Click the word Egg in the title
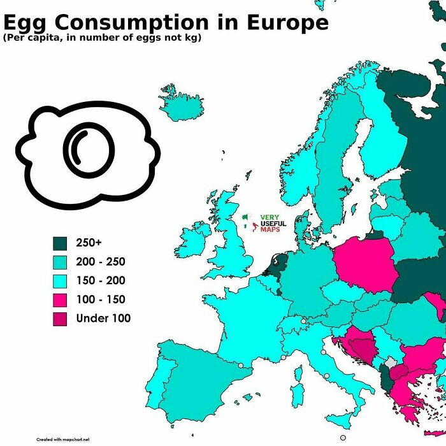25,23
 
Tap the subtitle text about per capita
102,39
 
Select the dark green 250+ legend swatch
61,243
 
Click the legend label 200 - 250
101,262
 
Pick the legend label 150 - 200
101,281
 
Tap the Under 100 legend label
103,319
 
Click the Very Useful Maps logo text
273,223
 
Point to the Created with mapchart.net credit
63,440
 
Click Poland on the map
366,264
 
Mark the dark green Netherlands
278,263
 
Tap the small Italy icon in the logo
252,222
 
